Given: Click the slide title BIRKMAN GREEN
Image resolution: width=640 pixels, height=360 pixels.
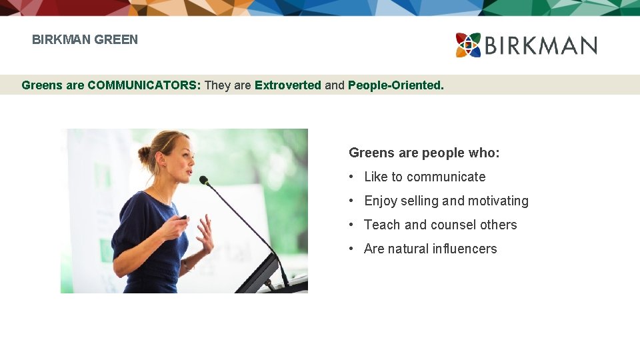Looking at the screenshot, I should [x=85, y=39].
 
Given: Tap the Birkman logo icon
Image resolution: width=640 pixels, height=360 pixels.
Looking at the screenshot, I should [x=468, y=45].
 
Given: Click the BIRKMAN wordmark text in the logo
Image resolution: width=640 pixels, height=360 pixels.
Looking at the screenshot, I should [x=541, y=45].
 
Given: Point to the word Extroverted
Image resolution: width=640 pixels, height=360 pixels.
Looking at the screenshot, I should [x=287, y=85].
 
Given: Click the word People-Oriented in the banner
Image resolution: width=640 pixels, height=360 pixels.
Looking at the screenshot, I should [x=395, y=85].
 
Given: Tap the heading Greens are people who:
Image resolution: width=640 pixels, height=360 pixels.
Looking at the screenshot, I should [x=424, y=153].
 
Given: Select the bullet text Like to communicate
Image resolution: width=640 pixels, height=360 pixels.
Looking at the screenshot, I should [x=425, y=177].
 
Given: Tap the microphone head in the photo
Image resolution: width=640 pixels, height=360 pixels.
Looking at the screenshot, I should [x=204, y=180].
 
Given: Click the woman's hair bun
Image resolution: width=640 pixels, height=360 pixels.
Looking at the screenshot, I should [x=145, y=156].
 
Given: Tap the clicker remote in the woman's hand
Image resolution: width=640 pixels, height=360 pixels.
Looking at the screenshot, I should [x=183, y=217].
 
